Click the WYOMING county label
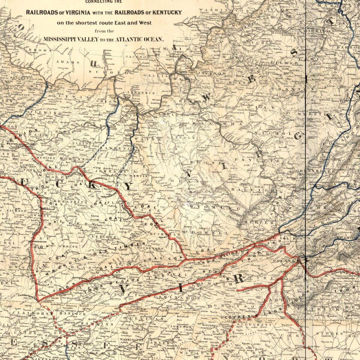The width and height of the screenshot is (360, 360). [214, 207]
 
